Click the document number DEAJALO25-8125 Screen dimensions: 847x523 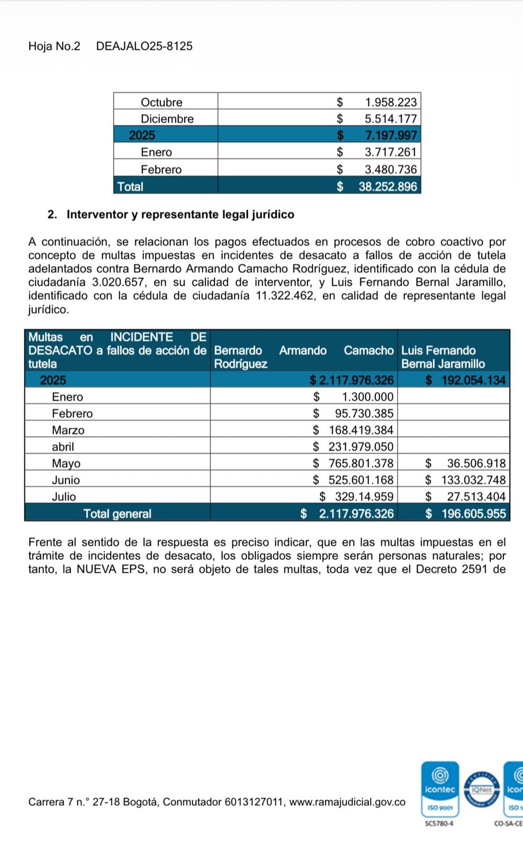click(x=144, y=46)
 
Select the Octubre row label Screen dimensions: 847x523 click(x=161, y=102)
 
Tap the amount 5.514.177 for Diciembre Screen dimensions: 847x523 click(x=391, y=119)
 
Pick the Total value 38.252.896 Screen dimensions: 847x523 click(x=387, y=186)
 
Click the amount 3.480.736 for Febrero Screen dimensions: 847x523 click(x=391, y=169)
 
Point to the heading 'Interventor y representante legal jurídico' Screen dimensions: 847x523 click(x=180, y=214)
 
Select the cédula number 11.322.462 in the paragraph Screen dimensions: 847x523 click(x=286, y=296)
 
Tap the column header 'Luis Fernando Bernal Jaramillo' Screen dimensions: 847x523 click(x=443, y=357)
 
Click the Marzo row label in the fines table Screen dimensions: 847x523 click(x=68, y=430)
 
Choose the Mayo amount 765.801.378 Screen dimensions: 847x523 click(x=361, y=463)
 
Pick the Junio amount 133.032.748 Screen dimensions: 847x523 click(x=473, y=480)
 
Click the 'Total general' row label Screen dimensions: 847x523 click(x=117, y=513)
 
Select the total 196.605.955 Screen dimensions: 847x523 click(x=473, y=513)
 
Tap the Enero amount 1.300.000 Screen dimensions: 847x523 click(x=367, y=397)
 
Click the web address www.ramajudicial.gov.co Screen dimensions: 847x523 click(x=347, y=802)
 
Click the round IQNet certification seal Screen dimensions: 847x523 click(x=481, y=790)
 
